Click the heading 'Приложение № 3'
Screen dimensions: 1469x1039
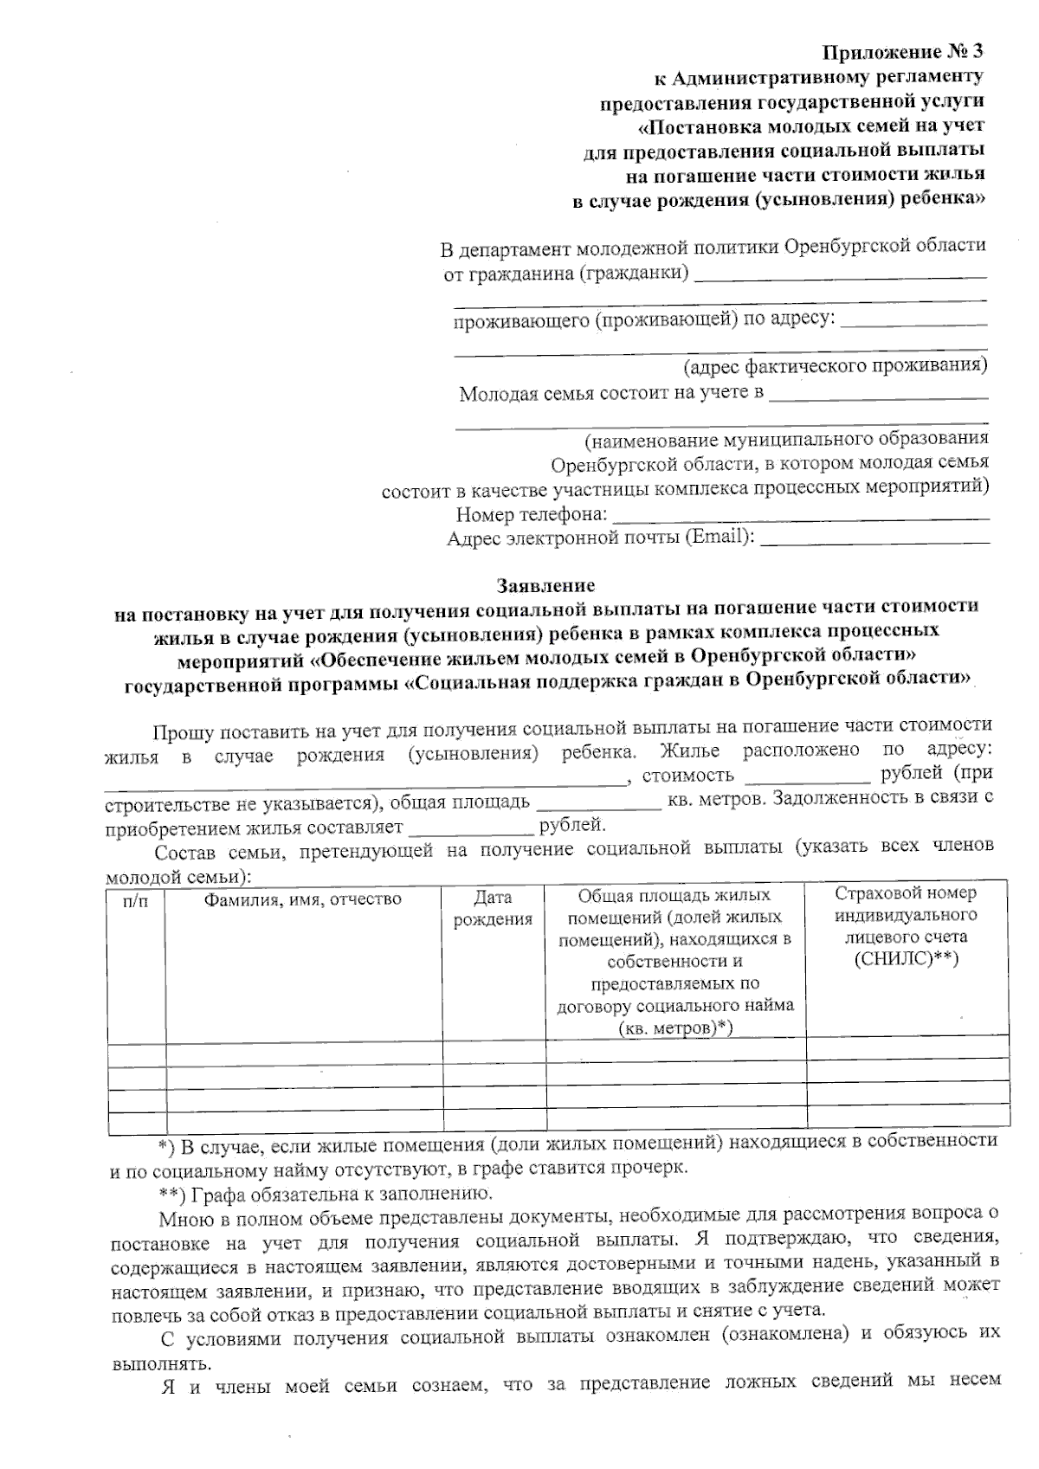tap(903, 53)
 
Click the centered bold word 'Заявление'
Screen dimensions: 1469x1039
tap(545, 586)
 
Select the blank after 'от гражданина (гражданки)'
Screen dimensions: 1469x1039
tap(840, 275)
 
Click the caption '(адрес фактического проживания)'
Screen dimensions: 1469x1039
tap(835, 366)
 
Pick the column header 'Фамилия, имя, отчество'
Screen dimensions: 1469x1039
tap(302, 899)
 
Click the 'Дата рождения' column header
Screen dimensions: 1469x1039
tap(493, 908)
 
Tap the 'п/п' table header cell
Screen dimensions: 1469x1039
tap(136, 899)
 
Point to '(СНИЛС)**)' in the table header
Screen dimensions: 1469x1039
tap(906, 958)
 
